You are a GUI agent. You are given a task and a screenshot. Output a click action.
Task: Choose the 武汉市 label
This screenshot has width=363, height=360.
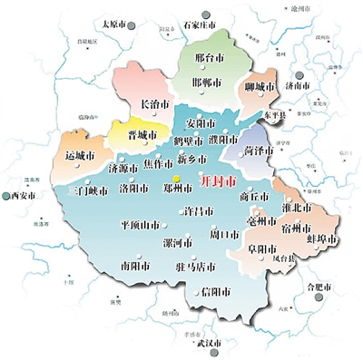192,344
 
